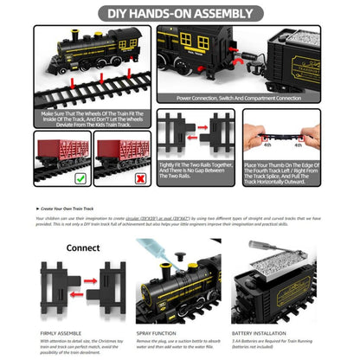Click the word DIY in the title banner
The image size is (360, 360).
pyautogui.click(x=120, y=14)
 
